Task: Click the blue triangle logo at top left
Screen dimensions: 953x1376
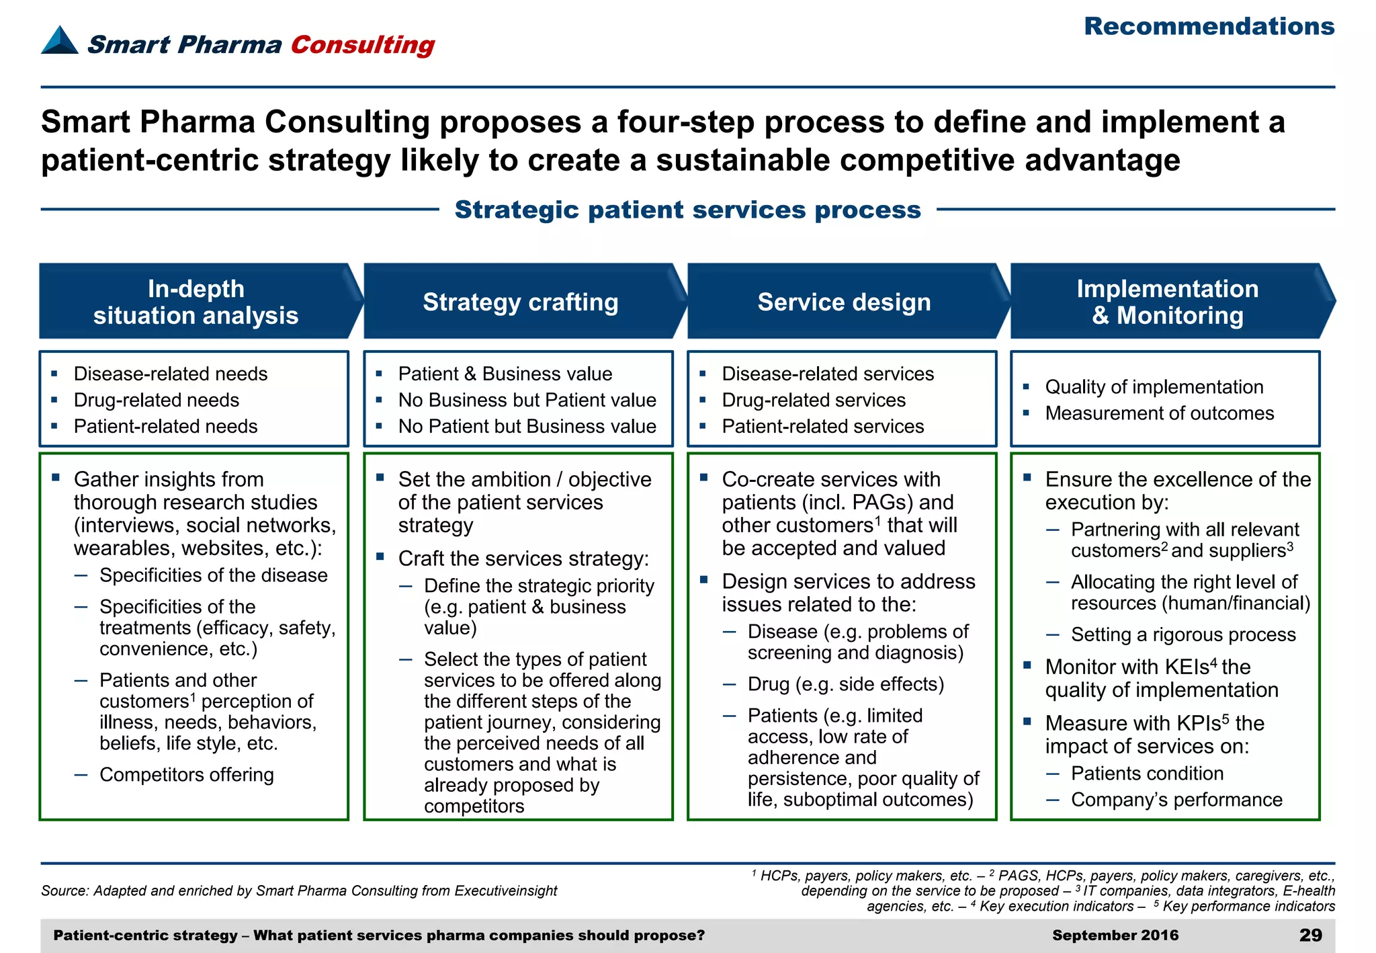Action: point(59,40)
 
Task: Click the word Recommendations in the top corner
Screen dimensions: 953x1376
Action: point(1209,27)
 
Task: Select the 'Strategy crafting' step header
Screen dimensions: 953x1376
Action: point(521,302)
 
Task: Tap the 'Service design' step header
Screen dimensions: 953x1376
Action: point(844,302)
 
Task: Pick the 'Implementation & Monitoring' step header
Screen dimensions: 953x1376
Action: point(1167,302)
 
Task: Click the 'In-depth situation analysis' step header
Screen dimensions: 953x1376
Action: point(196,302)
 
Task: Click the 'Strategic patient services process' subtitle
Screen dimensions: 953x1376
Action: point(687,210)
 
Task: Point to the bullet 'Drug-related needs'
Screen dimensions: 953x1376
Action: point(156,400)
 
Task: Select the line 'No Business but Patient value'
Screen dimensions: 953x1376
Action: point(527,400)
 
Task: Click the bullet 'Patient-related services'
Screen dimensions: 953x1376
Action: point(822,426)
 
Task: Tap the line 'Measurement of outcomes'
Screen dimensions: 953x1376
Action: point(1159,413)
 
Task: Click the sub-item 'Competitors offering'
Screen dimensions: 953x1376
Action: point(186,774)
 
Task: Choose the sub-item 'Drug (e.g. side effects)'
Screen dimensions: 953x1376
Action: point(845,683)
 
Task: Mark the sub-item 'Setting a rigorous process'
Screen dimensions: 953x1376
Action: point(1182,634)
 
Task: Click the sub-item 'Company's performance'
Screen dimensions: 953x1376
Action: point(1176,799)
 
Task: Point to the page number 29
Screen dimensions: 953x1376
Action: point(1310,935)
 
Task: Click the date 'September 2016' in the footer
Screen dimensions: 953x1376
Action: point(1115,935)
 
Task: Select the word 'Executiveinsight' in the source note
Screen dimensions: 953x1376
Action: point(505,890)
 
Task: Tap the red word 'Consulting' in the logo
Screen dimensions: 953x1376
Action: point(362,44)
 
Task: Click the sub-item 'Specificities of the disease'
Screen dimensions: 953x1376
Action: point(213,575)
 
